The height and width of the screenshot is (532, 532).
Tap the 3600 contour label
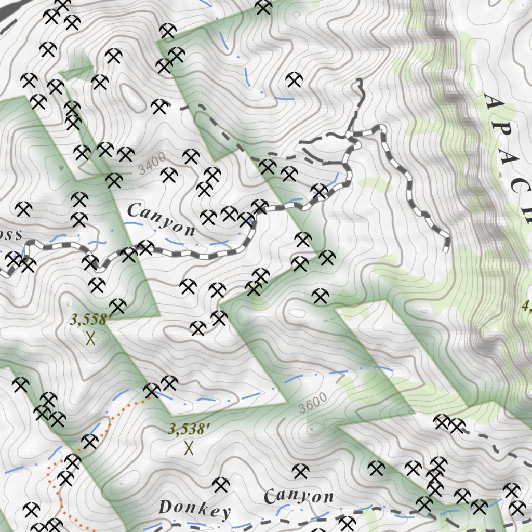(313, 403)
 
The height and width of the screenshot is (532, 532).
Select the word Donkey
(194, 509)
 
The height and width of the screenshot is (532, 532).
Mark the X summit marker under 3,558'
(90, 339)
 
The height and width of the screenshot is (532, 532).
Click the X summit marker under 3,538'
(189, 447)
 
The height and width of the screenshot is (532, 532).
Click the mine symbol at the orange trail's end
(152, 390)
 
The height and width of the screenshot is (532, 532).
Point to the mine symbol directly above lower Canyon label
(300, 471)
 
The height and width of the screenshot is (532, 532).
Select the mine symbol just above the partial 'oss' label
(23, 209)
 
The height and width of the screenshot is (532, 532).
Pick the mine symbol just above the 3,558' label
(117, 306)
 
